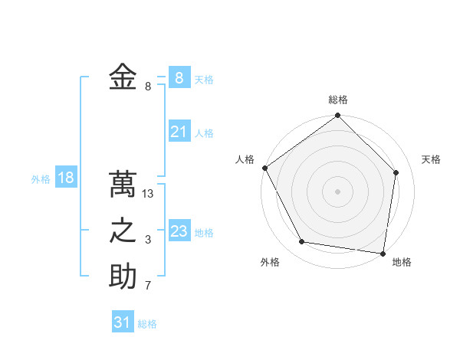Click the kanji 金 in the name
pos(123,77)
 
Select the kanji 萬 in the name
pos(123,185)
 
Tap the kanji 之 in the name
pos(123,231)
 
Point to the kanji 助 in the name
pos(123,277)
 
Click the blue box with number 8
pos(179,77)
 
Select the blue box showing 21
pos(179,132)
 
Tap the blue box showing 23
pos(179,231)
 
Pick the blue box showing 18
pos(66,178)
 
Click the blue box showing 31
pos(123,322)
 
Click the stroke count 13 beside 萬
pos(149,195)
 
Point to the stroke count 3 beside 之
pos(148,241)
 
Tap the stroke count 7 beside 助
pos(148,286)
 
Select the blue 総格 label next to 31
pos(147,324)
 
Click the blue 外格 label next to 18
pos(41,179)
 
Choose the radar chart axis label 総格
pos(338,100)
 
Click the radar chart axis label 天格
pos(432,159)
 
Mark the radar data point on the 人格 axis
pos(265,168)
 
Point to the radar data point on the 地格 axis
pos(383,252)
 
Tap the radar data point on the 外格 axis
pos(302,242)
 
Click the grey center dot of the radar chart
pos(338,191)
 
